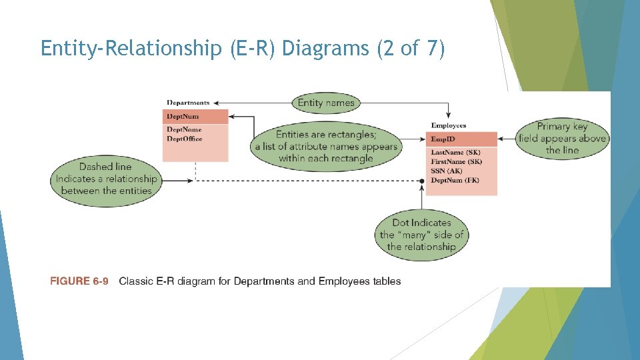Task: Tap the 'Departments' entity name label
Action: point(188,103)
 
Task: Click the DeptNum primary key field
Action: point(183,117)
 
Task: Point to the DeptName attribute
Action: point(184,129)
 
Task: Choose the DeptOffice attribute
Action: point(185,139)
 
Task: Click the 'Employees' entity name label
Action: point(449,125)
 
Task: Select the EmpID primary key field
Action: point(443,139)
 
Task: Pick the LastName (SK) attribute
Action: point(455,153)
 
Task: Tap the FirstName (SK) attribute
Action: point(456,162)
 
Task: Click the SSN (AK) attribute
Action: point(447,171)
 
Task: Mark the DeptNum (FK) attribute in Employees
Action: point(455,181)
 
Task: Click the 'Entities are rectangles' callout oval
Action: point(326,147)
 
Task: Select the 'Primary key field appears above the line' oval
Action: point(562,139)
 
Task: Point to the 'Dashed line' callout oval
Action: point(105,179)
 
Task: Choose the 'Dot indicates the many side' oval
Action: point(421,235)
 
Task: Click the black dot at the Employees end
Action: point(421,181)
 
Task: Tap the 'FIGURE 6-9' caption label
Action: point(79,281)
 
